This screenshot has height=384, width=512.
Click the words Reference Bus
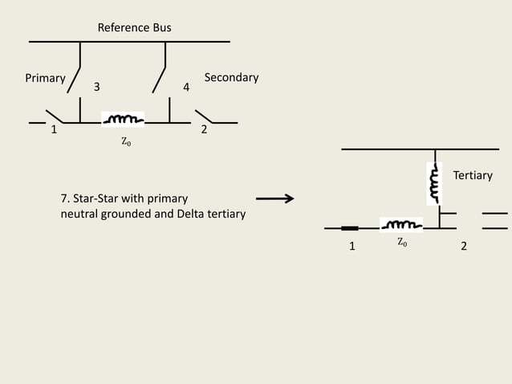click(134, 28)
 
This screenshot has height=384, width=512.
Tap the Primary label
click(45, 78)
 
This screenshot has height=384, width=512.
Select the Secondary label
click(231, 77)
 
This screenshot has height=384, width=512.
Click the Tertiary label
click(473, 174)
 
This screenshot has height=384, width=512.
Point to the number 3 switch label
click(97, 87)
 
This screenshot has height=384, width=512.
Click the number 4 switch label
click(186, 87)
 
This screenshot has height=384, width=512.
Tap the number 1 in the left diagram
click(54, 130)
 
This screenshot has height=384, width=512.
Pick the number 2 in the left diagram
click(204, 130)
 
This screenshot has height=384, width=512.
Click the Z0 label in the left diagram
click(126, 142)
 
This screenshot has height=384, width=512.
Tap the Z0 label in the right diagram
click(402, 241)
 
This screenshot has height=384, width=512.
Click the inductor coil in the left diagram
click(123, 121)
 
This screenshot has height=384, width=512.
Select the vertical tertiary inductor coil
click(434, 184)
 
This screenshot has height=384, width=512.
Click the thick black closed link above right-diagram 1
click(350, 228)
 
